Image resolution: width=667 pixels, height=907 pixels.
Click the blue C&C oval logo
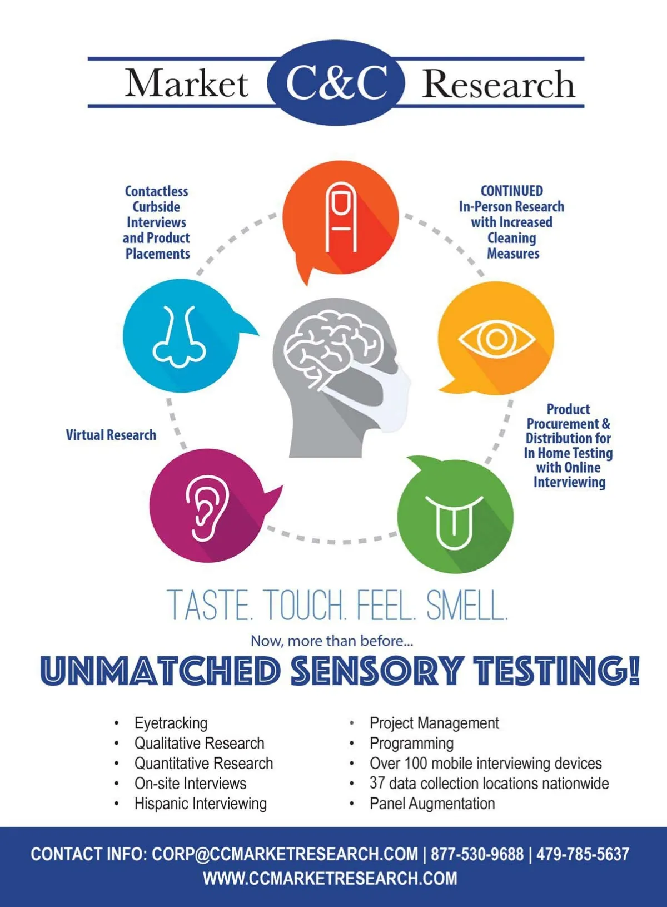[336, 82]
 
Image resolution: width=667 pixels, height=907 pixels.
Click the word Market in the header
[187, 83]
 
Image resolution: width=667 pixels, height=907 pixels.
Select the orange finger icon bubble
[340, 221]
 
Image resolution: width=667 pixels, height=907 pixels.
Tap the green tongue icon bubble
[455, 514]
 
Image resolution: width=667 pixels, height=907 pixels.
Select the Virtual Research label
[111, 435]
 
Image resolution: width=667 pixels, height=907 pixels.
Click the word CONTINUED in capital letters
[511, 191]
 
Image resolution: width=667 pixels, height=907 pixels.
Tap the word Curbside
[156, 206]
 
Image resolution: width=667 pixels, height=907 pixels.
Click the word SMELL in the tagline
[467, 606]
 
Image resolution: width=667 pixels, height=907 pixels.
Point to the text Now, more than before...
[332, 641]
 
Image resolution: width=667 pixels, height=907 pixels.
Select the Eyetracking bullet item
[171, 723]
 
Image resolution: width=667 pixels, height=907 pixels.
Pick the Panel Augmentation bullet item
[432, 804]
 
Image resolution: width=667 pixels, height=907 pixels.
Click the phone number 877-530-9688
[477, 854]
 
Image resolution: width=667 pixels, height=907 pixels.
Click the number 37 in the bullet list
[377, 783]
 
